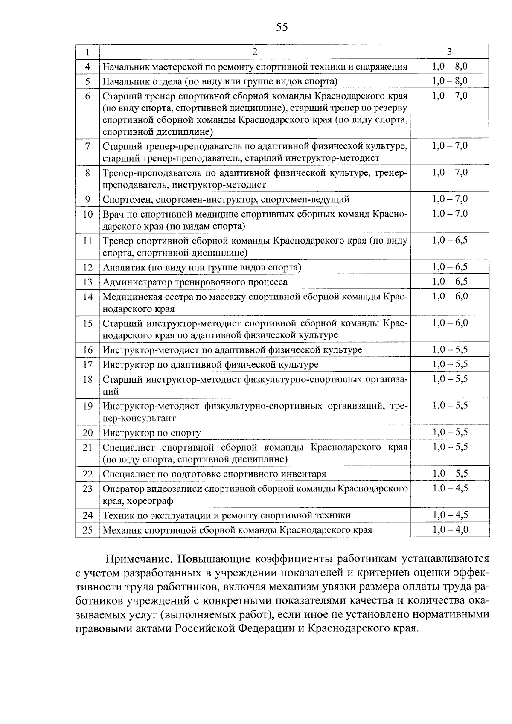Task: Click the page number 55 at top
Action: [x=282, y=28]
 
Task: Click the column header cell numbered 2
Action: [x=255, y=52]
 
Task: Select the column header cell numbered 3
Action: [x=449, y=52]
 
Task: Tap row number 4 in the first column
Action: [x=88, y=67]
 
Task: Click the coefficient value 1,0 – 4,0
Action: [x=450, y=530]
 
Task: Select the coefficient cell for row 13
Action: [x=450, y=282]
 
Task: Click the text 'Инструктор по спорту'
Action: [x=151, y=433]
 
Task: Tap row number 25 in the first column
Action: [x=87, y=530]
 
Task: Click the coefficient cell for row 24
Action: [x=450, y=515]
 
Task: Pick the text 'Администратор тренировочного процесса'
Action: [x=195, y=282]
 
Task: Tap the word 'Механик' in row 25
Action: [x=122, y=530]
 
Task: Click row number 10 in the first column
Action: [x=87, y=214]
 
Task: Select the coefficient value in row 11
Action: [x=450, y=240]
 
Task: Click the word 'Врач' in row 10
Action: [x=112, y=214]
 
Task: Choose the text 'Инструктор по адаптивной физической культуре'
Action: [x=210, y=365]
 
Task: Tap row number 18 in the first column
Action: [x=87, y=379]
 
